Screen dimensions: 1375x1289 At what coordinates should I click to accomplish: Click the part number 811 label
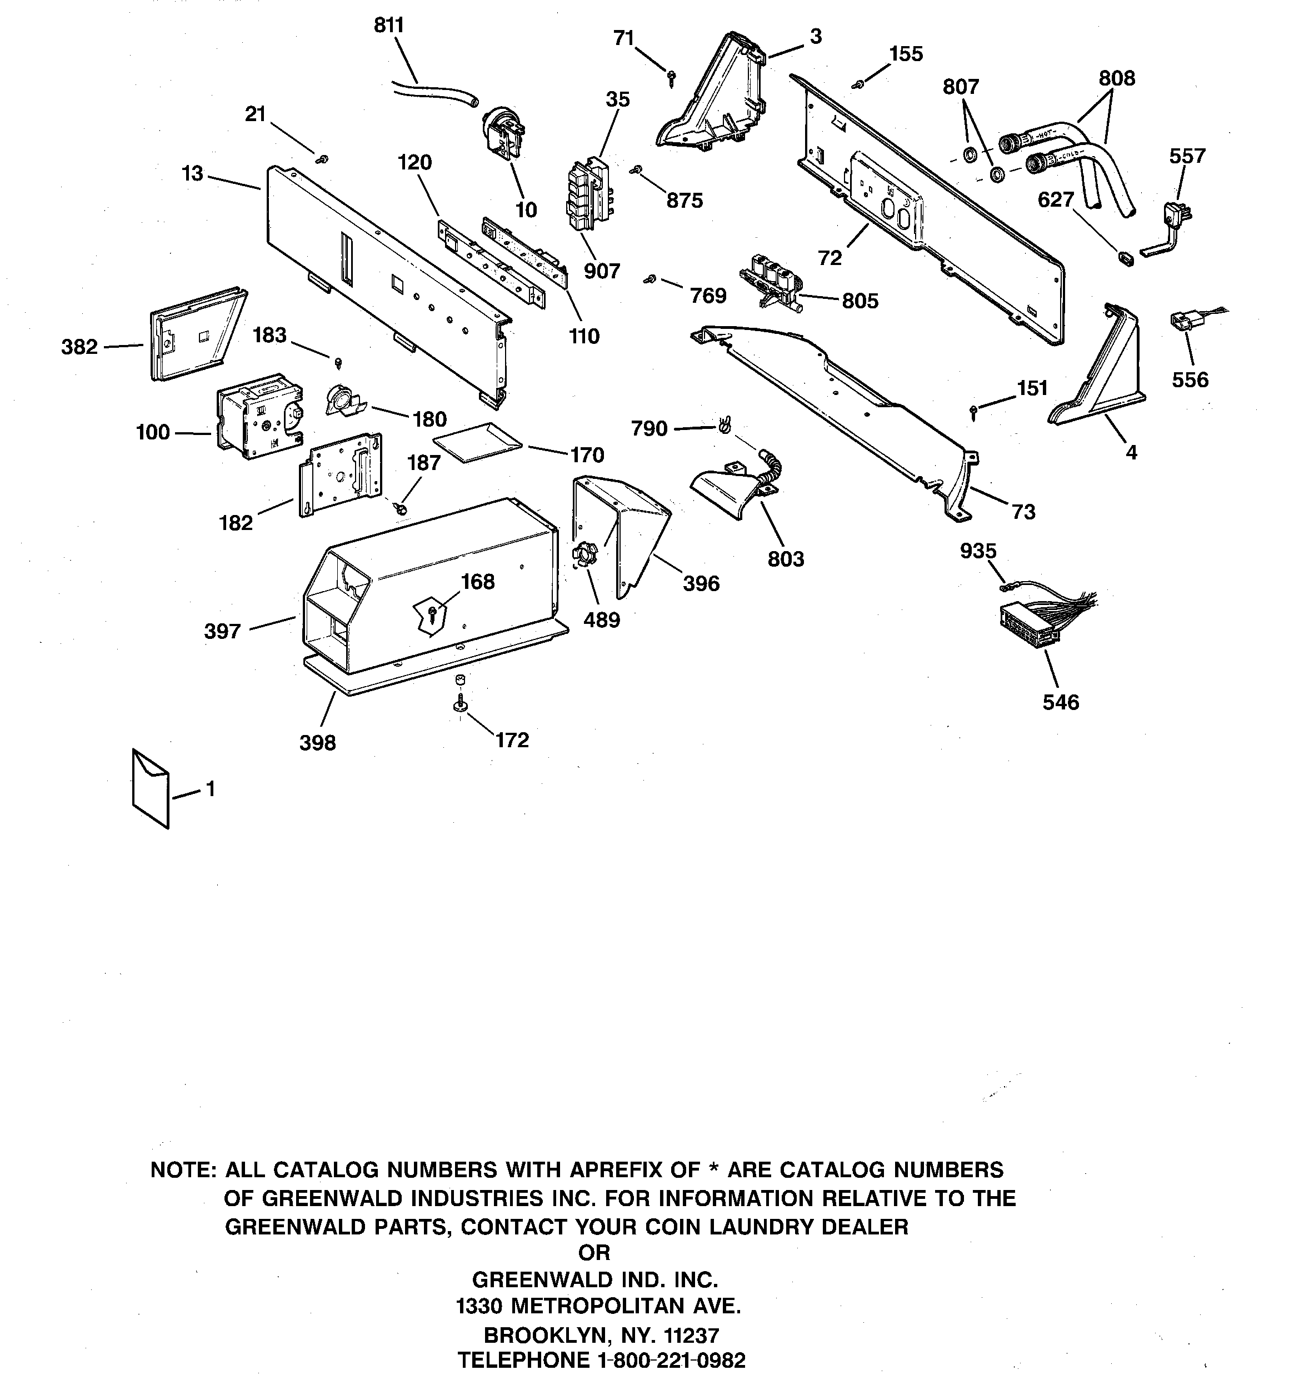388,26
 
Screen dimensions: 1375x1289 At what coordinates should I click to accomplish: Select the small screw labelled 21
322,160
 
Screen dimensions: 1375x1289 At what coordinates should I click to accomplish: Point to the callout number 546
1060,702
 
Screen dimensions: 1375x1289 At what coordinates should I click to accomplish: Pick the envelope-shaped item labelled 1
150,788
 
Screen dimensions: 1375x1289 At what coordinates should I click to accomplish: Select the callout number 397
222,631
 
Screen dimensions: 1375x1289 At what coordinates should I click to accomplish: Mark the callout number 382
79,347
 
